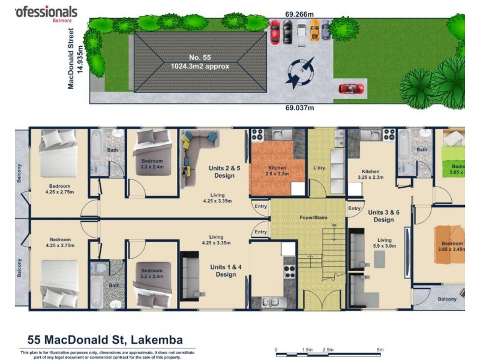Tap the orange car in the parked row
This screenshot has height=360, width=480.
[314, 31]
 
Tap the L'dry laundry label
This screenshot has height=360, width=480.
[319, 168]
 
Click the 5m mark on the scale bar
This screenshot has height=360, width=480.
[379, 349]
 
